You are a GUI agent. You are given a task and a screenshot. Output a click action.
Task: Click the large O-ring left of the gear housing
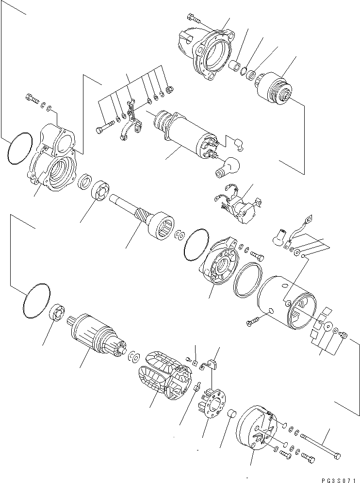click(x=20, y=149)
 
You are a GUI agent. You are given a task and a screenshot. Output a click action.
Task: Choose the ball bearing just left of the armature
click(x=58, y=312)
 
